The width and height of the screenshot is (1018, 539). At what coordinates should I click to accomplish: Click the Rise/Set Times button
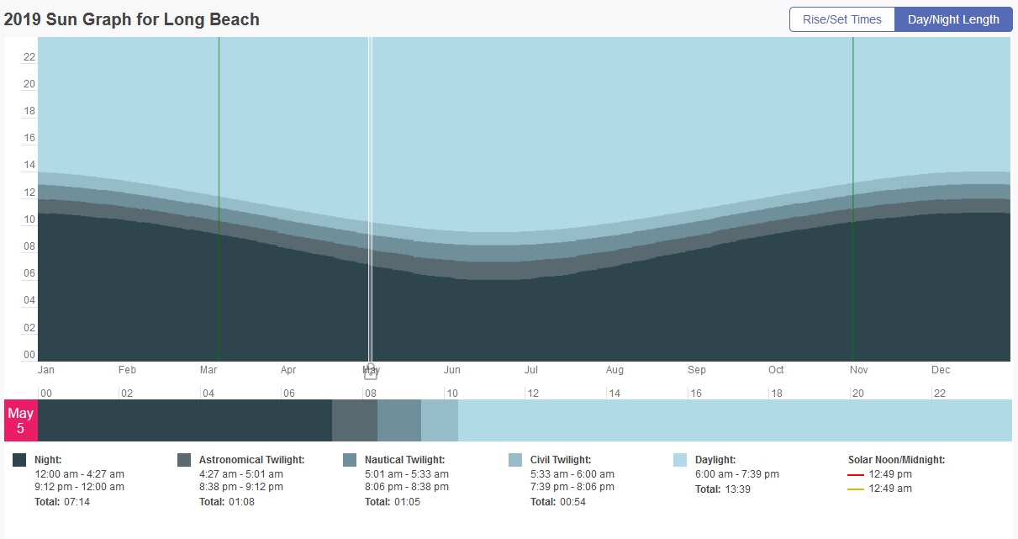tap(841, 19)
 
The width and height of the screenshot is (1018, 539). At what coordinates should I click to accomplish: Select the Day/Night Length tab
tap(953, 19)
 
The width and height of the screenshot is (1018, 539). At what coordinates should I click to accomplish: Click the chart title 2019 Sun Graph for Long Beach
tap(132, 18)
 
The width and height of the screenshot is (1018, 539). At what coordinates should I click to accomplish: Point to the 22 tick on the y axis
tap(29, 57)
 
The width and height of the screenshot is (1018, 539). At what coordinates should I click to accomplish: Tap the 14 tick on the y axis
tap(29, 166)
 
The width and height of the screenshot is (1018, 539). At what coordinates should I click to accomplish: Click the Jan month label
tap(46, 370)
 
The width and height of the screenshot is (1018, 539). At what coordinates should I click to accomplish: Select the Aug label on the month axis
tap(614, 370)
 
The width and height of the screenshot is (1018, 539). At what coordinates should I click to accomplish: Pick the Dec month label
tap(941, 370)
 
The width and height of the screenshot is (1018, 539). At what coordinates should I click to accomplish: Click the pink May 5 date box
tap(21, 420)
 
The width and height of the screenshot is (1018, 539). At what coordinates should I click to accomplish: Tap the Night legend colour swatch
tap(19, 460)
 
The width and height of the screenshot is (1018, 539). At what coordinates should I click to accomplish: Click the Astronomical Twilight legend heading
tap(251, 460)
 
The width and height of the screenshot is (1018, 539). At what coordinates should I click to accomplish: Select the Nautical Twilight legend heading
tap(404, 460)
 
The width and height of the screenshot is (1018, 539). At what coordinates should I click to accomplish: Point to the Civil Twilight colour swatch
tap(515, 460)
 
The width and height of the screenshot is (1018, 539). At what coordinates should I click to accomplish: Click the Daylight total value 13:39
tap(737, 489)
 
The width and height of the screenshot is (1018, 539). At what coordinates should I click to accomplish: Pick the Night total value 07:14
tap(76, 502)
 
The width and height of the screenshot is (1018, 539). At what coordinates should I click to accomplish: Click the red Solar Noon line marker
tap(856, 475)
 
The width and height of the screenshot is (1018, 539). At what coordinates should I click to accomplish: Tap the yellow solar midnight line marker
tap(856, 489)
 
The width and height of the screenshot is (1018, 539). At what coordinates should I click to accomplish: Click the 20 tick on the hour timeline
tap(858, 393)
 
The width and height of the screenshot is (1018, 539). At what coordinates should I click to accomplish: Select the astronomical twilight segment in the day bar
tap(355, 420)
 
